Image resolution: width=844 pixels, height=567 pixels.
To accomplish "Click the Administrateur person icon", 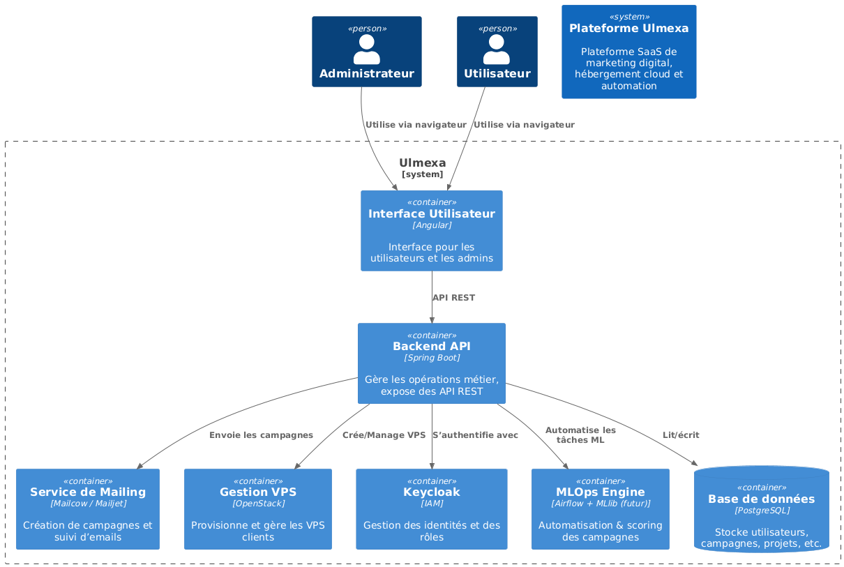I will [x=366, y=50].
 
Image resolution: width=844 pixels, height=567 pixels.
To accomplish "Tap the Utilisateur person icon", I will [x=497, y=50].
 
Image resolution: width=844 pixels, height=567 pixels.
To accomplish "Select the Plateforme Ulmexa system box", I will [x=628, y=52].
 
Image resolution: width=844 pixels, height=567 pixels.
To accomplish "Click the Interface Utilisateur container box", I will [x=431, y=231].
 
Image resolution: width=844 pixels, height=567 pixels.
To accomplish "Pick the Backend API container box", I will [x=431, y=363].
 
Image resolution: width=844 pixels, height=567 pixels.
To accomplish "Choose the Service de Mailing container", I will [x=88, y=509].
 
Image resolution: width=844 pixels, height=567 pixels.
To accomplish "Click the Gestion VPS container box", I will [x=257, y=509].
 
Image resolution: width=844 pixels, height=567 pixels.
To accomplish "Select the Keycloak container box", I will [x=431, y=509].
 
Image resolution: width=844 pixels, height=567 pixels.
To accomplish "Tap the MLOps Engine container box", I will [x=600, y=509].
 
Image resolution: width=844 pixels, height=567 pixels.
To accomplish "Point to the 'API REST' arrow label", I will [x=453, y=298].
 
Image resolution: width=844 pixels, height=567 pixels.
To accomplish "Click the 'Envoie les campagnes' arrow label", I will [x=261, y=435].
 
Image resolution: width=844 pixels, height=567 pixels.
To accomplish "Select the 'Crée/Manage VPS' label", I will [x=384, y=435].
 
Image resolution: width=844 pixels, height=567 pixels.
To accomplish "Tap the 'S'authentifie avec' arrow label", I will [x=475, y=435].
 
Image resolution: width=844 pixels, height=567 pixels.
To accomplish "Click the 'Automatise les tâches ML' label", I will [x=580, y=435].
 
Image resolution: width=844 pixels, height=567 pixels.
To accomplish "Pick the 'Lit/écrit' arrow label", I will [x=681, y=435].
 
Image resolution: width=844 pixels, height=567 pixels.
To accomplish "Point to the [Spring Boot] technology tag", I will [x=431, y=358].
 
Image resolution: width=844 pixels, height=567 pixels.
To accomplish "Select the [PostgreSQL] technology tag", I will [x=761, y=511].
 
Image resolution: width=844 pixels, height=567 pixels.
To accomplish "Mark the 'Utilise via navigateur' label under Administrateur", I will [x=415, y=125].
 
